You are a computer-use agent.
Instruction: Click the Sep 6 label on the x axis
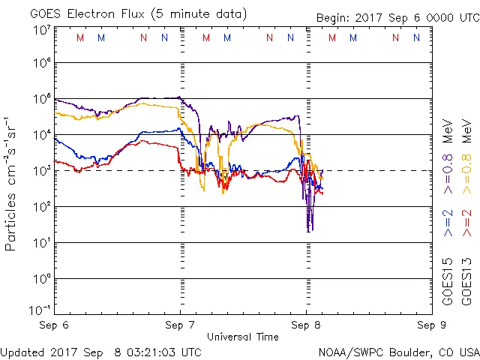[x=55, y=325]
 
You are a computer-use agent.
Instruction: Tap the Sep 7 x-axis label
[x=180, y=325]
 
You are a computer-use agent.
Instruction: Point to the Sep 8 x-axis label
[x=305, y=325]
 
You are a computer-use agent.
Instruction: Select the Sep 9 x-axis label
[x=427, y=325]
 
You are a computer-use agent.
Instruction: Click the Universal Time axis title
[x=242, y=337]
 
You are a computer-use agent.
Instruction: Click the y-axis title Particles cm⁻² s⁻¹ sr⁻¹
[x=11, y=184]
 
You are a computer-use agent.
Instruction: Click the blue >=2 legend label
[x=448, y=223]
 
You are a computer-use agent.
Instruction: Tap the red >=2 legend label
[x=466, y=223]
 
